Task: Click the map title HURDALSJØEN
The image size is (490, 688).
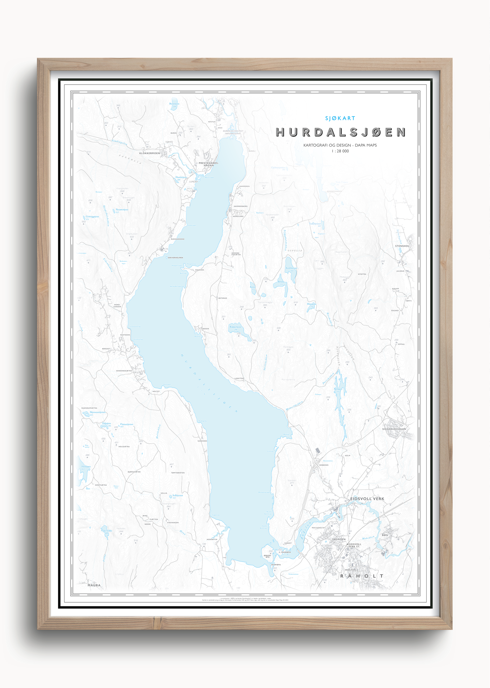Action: point(340,132)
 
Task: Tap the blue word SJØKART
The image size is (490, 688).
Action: point(340,118)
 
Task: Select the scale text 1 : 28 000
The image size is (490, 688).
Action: point(340,151)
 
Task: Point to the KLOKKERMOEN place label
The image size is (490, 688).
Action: point(149,153)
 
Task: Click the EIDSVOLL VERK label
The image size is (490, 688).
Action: point(367,499)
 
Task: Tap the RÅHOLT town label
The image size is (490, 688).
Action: point(362,576)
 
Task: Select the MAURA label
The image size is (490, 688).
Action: point(94,585)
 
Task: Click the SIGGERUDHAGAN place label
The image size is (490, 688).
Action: point(394,429)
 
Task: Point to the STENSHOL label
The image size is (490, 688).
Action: point(402,246)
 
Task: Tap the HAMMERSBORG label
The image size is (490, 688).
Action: point(240,206)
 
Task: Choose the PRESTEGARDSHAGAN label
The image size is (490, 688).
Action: point(208,164)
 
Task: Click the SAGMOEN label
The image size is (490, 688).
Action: point(338,539)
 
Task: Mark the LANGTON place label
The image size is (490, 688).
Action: point(239,378)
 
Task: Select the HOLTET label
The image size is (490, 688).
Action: point(156,391)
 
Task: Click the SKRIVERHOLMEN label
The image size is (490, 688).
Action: point(175,257)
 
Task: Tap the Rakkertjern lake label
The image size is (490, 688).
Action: point(235,327)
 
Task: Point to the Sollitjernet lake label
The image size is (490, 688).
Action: point(177,495)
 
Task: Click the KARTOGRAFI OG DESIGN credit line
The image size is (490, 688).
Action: point(340,145)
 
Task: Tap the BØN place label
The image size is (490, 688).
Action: point(385,535)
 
